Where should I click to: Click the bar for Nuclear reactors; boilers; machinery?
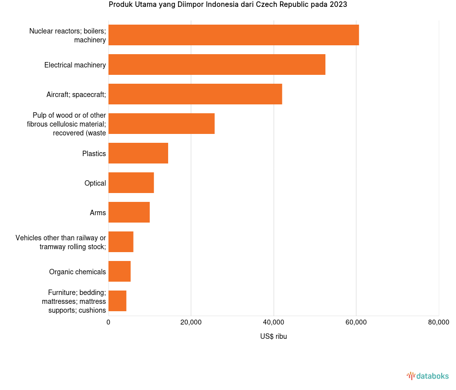pos(233,35)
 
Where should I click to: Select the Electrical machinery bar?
pos(216,65)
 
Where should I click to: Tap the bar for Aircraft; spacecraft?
pos(195,94)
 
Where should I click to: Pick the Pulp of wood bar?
pos(161,124)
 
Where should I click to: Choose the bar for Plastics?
pos(138,153)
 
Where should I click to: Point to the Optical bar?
pos(131,183)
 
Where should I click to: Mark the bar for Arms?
pos(129,212)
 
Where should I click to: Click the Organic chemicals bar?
pos(119,271)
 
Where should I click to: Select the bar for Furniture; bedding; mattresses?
pos(117,301)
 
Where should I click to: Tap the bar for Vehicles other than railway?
pos(121,242)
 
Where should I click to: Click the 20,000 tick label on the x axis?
pos(191,323)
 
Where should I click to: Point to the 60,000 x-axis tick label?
pos(356,323)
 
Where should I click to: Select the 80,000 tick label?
pos(438,323)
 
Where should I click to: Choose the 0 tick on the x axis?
pos(108,323)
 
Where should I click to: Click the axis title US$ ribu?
pos(273,337)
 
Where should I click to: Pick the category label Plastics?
pos(94,154)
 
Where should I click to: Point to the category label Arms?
pos(98,213)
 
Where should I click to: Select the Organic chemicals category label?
pos(77,272)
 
